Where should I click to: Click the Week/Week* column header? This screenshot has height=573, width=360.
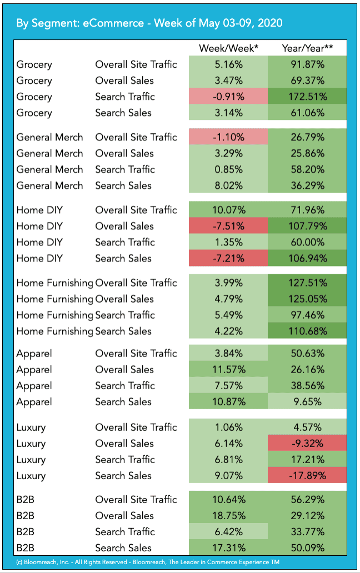click(228, 48)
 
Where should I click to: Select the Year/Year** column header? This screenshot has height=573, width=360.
click(307, 48)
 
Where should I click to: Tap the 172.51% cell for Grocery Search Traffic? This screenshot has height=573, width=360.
click(307, 97)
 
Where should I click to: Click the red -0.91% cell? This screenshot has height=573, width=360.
click(228, 97)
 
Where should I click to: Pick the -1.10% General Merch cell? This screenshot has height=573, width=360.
click(228, 137)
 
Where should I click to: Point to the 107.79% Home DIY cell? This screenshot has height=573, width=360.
click(307, 226)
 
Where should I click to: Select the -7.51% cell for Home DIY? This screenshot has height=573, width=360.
click(228, 226)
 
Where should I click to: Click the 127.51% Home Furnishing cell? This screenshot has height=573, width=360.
click(307, 283)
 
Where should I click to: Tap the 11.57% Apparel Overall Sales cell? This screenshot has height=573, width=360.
click(228, 370)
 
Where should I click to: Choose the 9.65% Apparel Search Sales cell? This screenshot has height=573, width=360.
click(307, 402)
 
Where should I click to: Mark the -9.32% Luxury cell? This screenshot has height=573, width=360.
click(307, 444)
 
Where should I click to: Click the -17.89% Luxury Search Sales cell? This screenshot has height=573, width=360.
click(307, 476)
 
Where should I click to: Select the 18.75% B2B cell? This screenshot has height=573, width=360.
click(228, 516)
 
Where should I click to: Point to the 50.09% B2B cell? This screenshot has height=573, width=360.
click(307, 548)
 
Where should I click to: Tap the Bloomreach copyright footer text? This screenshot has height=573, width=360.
click(148, 562)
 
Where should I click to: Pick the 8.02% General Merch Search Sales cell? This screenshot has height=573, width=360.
click(228, 185)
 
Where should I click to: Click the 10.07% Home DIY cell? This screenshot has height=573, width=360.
click(228, 210)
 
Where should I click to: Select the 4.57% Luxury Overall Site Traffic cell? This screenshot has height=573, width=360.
click(307, 428)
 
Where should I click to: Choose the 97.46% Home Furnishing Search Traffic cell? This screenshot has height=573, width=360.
click(307, 315)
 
